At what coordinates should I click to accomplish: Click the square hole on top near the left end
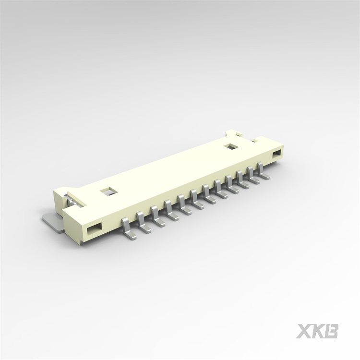pos(108,192)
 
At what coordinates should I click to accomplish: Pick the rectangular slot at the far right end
pos(277,154)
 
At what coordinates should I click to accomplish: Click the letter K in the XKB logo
pos(318,331)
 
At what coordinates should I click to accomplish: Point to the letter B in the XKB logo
pos(332,331)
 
